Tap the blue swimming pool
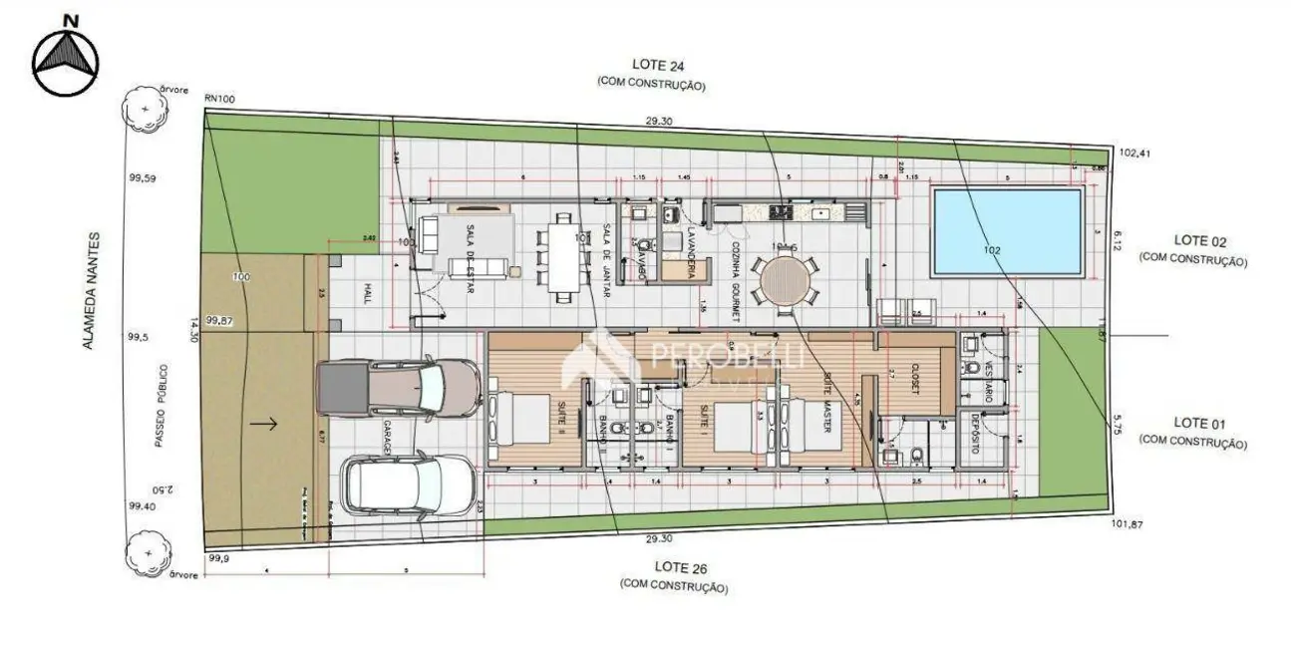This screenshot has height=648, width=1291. click(x=1007, y=231)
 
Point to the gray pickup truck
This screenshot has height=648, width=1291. click(x=397, y=386)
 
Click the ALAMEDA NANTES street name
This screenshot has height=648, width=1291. click(x=91, y=290)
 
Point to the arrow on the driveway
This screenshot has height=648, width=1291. click(x=263, y=424)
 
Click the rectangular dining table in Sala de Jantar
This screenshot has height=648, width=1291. click(x=563, y=256)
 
